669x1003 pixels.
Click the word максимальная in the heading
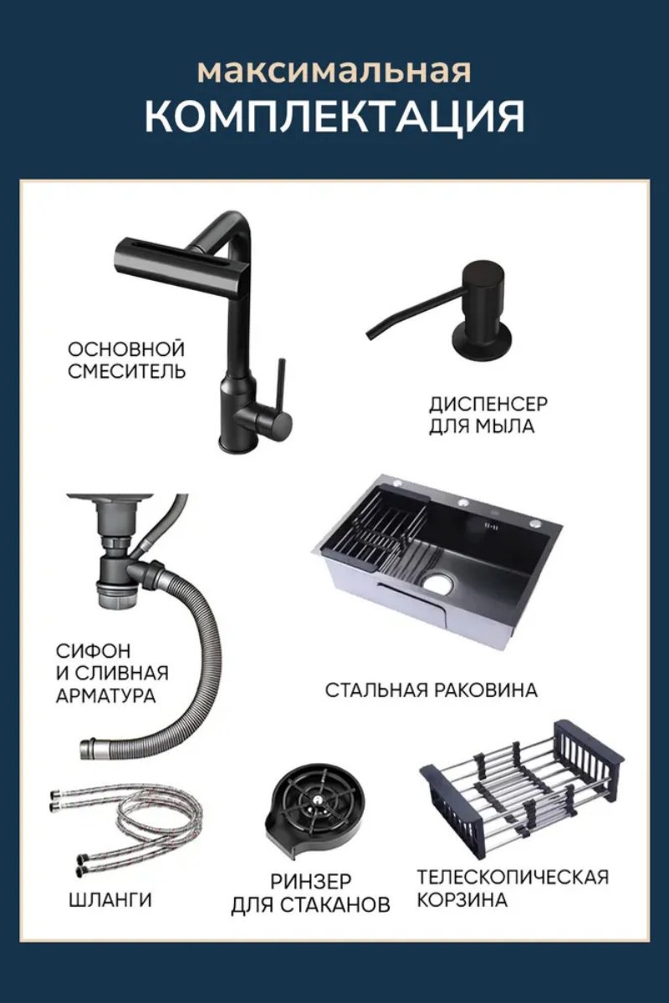point(334,70)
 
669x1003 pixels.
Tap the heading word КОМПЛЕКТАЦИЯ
point(334,117)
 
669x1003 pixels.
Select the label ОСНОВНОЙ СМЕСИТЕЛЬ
point(126,359)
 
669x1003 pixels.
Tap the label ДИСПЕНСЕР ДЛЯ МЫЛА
point(488,415)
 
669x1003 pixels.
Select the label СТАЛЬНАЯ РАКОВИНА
point(431,690)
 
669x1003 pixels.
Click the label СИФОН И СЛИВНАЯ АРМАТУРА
point(112,672)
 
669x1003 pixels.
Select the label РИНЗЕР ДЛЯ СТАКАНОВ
point(310,893)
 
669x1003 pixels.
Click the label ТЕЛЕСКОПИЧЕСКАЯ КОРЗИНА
point(513,888)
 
